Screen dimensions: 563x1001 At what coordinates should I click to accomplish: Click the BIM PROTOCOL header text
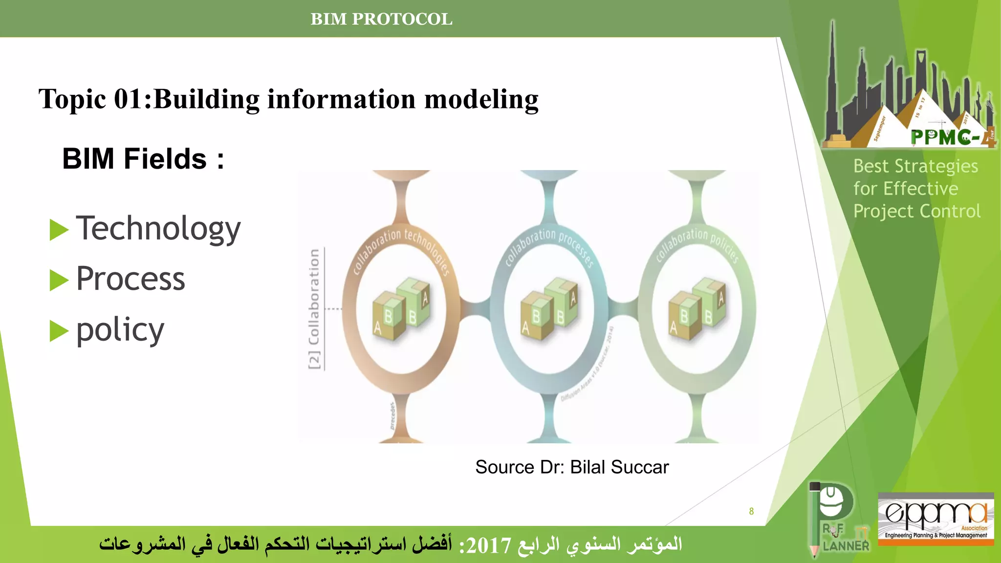coord(381,19)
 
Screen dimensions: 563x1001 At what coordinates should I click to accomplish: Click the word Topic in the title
coord(73,99)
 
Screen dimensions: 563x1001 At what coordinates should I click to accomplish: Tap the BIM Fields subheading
coord(143,159)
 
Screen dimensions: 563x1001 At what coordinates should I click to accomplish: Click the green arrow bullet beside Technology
coord(59,230)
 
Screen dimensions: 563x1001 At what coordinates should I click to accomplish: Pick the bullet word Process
coord(131,279)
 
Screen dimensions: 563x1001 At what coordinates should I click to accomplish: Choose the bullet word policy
coord(120,330)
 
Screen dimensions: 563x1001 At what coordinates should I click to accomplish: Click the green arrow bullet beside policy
coord(59,331)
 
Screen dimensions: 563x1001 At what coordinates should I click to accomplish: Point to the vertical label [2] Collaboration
coord(314,309)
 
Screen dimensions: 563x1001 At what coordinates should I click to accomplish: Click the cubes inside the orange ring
coord(401,310)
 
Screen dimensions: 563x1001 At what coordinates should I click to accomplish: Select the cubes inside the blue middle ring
coord(549,310)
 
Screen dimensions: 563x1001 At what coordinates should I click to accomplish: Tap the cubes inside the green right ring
coord(697,310)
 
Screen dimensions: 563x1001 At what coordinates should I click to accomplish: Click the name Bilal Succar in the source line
coord(619,467)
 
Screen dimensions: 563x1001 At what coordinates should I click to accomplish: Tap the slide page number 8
coord(751,511)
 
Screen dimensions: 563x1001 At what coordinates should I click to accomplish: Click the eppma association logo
coord(936,518)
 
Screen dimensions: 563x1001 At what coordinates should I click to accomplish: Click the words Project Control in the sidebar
coord(917,211)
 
